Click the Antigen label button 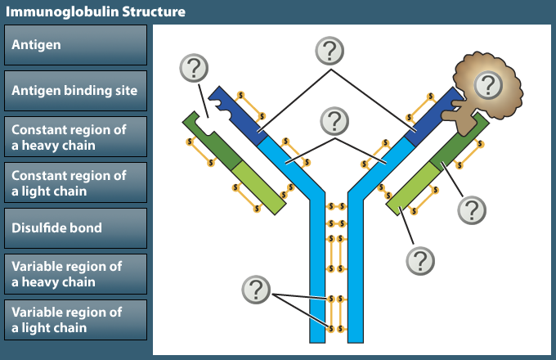[75, 45]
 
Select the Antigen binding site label [75, 91]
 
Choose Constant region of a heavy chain [75, 137]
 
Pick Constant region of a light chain [75, 183]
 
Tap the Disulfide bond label [75, 228]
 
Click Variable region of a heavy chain [75, 274]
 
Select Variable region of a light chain [75, 320]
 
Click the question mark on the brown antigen [488, 83]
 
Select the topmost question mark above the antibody [331, 51]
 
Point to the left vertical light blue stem [318, 270]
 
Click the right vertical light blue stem [356, 270]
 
